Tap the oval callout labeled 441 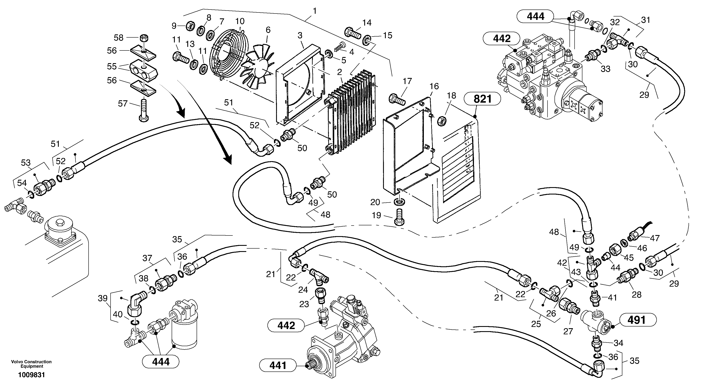tap(278, 365)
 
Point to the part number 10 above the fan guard tap(240, 21)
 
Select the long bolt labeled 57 tap(144, 111)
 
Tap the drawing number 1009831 tap(31, 375)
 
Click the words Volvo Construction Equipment tap(31, 364)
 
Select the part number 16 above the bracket tap(434, 86)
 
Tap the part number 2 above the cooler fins tap(339, 72)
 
